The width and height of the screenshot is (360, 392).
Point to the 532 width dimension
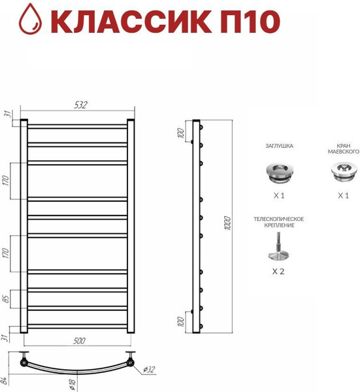tap(80, 105)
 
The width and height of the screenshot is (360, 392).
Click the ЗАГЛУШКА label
tap(279, 148)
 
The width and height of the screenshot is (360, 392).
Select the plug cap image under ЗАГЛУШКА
tap(279, 172)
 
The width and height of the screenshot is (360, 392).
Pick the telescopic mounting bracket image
tap(277, 248)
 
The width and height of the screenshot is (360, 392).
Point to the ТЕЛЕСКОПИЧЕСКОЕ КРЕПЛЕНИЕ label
tap(278, 221)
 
